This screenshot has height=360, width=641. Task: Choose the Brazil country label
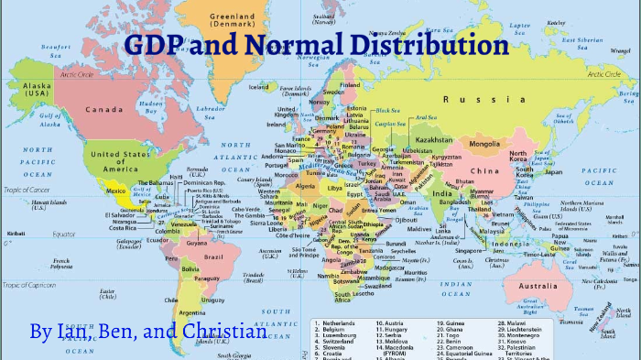[x=213, y=257]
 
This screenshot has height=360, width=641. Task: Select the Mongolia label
[x=483, y=144]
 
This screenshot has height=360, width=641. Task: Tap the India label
[x=441, y=193]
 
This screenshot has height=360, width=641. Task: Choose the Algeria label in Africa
[x=304, y=186]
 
